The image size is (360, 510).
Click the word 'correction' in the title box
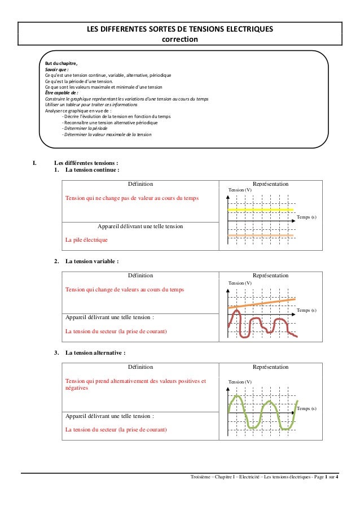179,39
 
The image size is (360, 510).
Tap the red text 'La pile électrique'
86,240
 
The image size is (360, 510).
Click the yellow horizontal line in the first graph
260,209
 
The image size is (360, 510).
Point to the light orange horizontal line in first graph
260,234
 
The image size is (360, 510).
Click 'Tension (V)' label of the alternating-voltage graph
240,382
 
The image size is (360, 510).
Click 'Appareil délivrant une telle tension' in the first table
140,226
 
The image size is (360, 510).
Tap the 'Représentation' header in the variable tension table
271,276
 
